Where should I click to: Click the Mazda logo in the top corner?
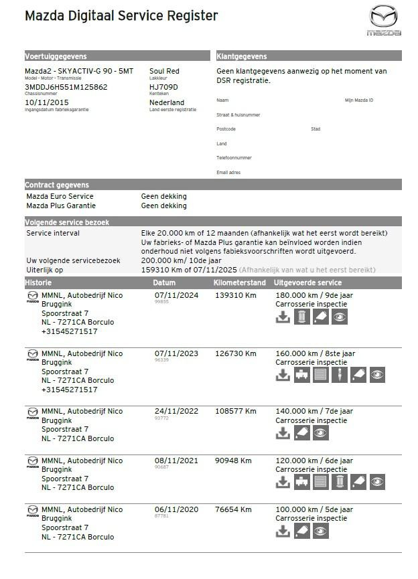click(384, 20)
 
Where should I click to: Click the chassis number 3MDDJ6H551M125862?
click(66, 87)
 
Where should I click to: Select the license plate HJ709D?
click(164, 87)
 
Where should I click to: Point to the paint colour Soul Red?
click(164, 71)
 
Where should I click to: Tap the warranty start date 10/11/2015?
click(46, 102)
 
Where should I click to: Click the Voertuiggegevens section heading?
click(56, 56)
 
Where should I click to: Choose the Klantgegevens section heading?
click(242, 56)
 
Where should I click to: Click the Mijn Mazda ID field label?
click(359, 100)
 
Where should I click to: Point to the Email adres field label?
click(228, 172)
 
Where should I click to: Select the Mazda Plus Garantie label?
click(61, 206)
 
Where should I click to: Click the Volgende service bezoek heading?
click(67, 222)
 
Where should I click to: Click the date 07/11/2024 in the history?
click(176, 295)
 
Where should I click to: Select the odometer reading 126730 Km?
click(235, 353)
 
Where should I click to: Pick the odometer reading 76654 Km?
click(233, 509)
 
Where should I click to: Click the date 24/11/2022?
click(176, 412)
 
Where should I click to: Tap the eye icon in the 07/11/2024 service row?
click(340, 317)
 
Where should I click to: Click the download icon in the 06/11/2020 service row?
click(283, 531)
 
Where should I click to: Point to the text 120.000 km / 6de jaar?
click(315, 461)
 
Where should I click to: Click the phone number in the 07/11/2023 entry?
click(68, 390)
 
